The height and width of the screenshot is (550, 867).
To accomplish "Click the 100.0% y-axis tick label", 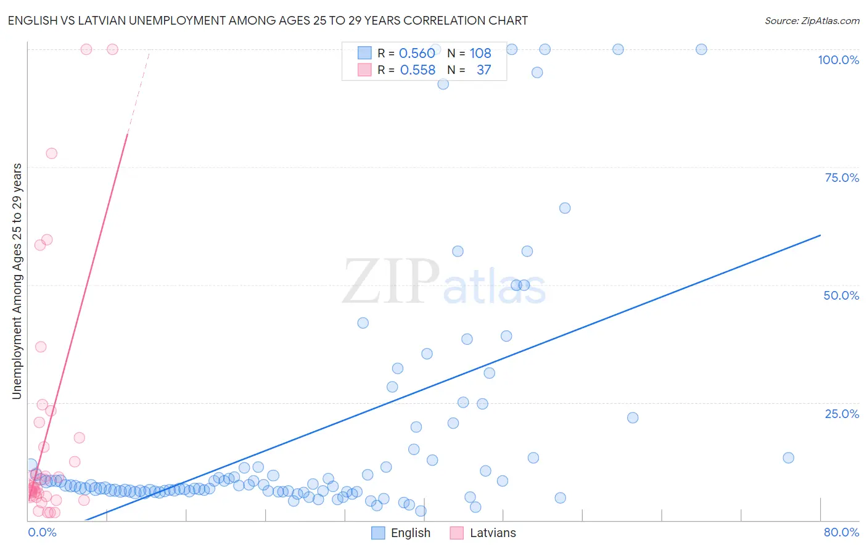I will pos(838,60).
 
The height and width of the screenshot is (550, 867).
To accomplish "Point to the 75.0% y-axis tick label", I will pos(842,178).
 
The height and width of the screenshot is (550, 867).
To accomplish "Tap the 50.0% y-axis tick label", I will pos(841,295).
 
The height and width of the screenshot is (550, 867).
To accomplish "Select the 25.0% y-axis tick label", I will pos(842,413).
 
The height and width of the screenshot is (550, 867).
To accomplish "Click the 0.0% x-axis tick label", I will pos(42,532).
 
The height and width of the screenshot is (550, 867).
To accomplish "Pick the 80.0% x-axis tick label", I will pos(841,532).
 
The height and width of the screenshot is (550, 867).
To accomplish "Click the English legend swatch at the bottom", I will pos(378,533).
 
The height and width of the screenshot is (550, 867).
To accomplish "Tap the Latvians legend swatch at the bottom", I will pos(456,533).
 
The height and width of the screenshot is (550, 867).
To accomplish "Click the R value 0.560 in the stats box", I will pos(417,53).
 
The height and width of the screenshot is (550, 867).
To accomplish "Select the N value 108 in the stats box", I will pos(480,53).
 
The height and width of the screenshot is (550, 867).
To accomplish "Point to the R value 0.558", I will pos(417,70).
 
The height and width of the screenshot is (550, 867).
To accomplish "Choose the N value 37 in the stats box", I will pos(483,70).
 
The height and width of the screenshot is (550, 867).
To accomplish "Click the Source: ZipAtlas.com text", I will pos(812,21).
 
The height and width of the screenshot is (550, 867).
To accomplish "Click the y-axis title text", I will pos(17,281).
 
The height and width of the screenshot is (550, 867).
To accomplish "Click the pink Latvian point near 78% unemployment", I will pos(51,154).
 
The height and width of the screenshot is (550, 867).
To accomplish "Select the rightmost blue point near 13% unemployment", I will pos(788,458).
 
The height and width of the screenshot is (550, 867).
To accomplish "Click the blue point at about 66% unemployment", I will pos(565,208).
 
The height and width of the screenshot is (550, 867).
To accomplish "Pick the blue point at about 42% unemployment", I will pos(363,323).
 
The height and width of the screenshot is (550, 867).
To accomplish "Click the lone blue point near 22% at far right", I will pos(633,417).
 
